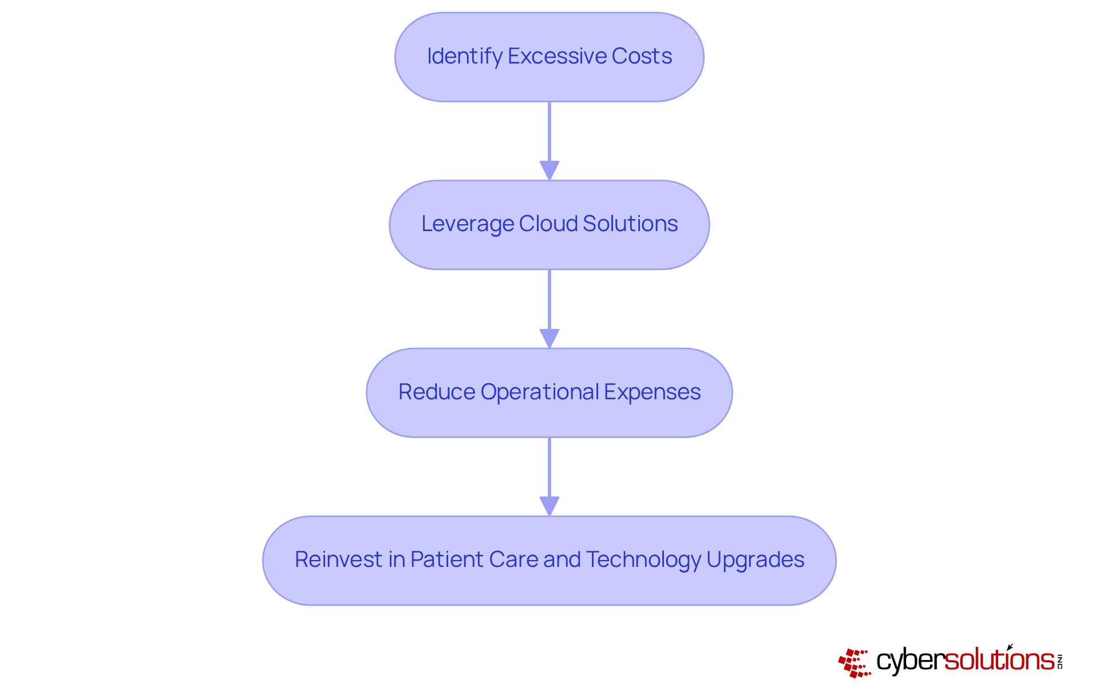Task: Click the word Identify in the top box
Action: pyautogui.click(x=464, y=57)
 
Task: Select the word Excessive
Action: pyautogui.click(x=557, y=56)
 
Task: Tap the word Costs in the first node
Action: pyautogui.click(x=642, y=56)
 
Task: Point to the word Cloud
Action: pyautogui.click(x=548, y=224)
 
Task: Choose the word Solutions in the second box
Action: pyautogui.click(x=630, y=224)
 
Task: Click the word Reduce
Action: pyautogui.click(x=437, y=392)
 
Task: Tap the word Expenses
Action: pyautogui.click(x=652, y=392)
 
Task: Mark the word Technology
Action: pyautogui.click(x=643, y=560)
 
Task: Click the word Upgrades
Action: pyautogui.click(x=755, y=560)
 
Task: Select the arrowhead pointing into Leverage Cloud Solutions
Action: pyautogui.click(x=549, y=170)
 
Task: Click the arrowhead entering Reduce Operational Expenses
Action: pyautogui.click(x=549, y=338)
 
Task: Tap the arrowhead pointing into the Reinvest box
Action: pyautogui.click(x=549, y=506)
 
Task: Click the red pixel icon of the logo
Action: pyautogui.click(x=854, y=662)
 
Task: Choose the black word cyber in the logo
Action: pyautogui.click(x=910, y=661)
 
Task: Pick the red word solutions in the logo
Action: pyautogui.click(x=999, y=660)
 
